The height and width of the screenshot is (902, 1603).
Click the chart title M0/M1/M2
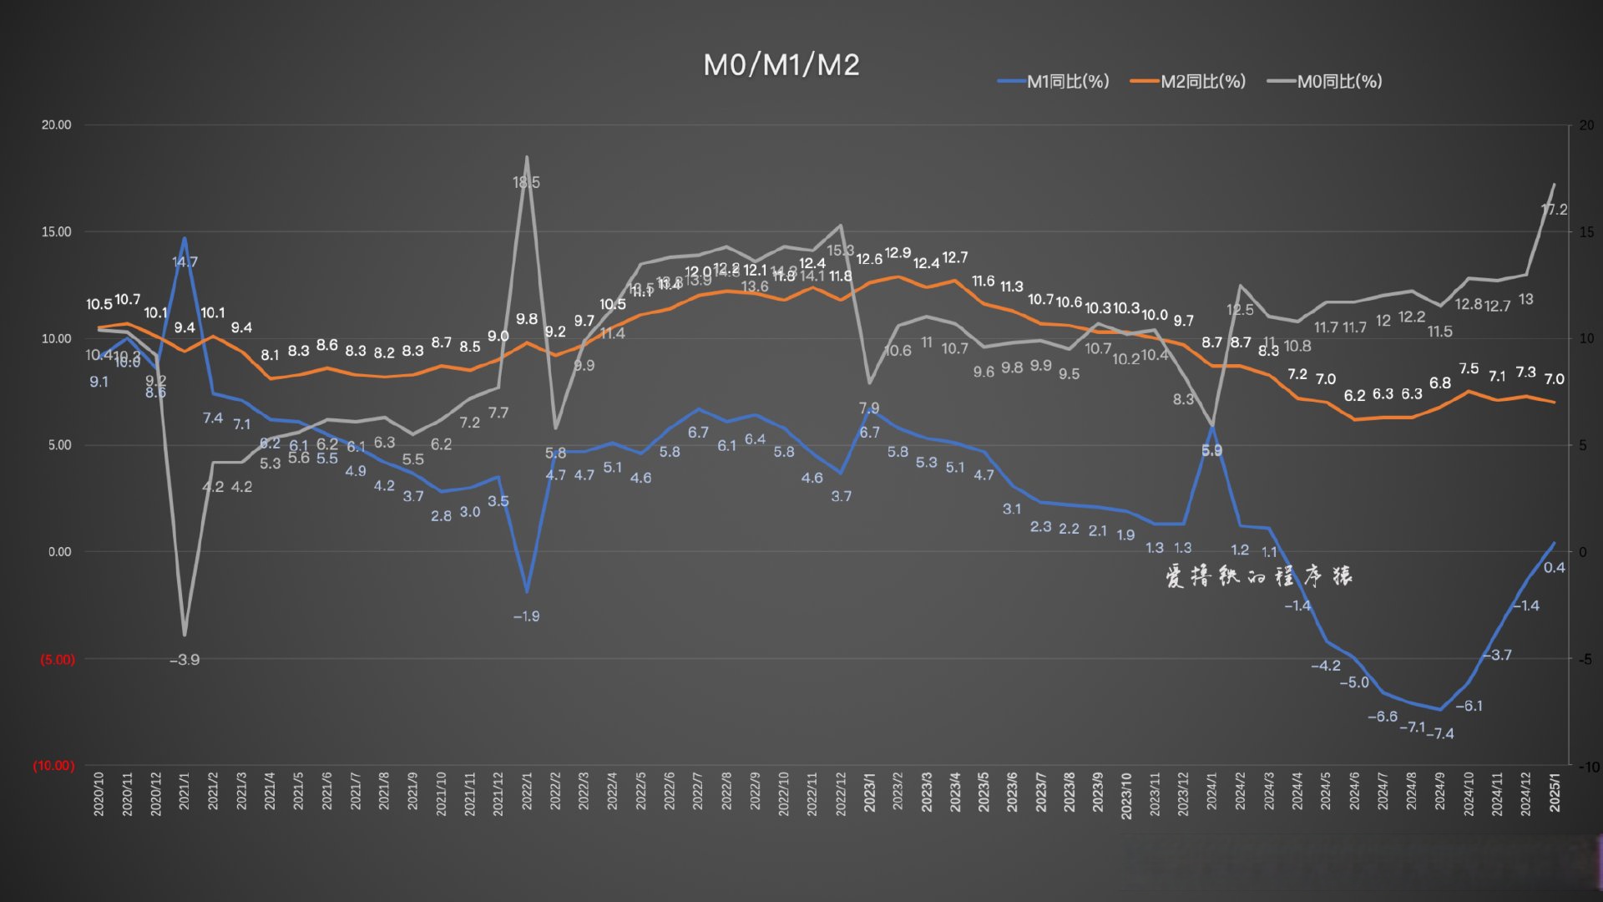(x=781, y=65)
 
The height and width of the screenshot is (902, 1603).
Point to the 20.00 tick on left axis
(x=57, y=125)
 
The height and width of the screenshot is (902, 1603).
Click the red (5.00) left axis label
(x=57, y=659)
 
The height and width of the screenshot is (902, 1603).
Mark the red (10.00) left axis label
(x=53, y=765)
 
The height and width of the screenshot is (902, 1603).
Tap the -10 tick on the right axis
(x=1588, y=767)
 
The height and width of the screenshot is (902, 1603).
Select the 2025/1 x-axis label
(x=1555, y=791)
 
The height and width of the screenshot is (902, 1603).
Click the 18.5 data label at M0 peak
(x=526, y=182)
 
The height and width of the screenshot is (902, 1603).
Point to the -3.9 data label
(x=185, y=660)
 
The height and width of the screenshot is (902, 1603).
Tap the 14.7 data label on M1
(x=185, y=262)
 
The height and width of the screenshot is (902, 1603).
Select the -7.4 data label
(x=1440, y=733)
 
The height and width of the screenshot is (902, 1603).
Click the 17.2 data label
(x=1555, y=210)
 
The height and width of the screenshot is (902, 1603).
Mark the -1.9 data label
(x=526, y=616)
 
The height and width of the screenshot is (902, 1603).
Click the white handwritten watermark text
(x=1258, y=575)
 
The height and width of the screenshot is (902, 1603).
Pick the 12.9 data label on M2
(x=898, y=253)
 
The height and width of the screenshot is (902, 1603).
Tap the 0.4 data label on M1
(x=1555, y=568)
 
